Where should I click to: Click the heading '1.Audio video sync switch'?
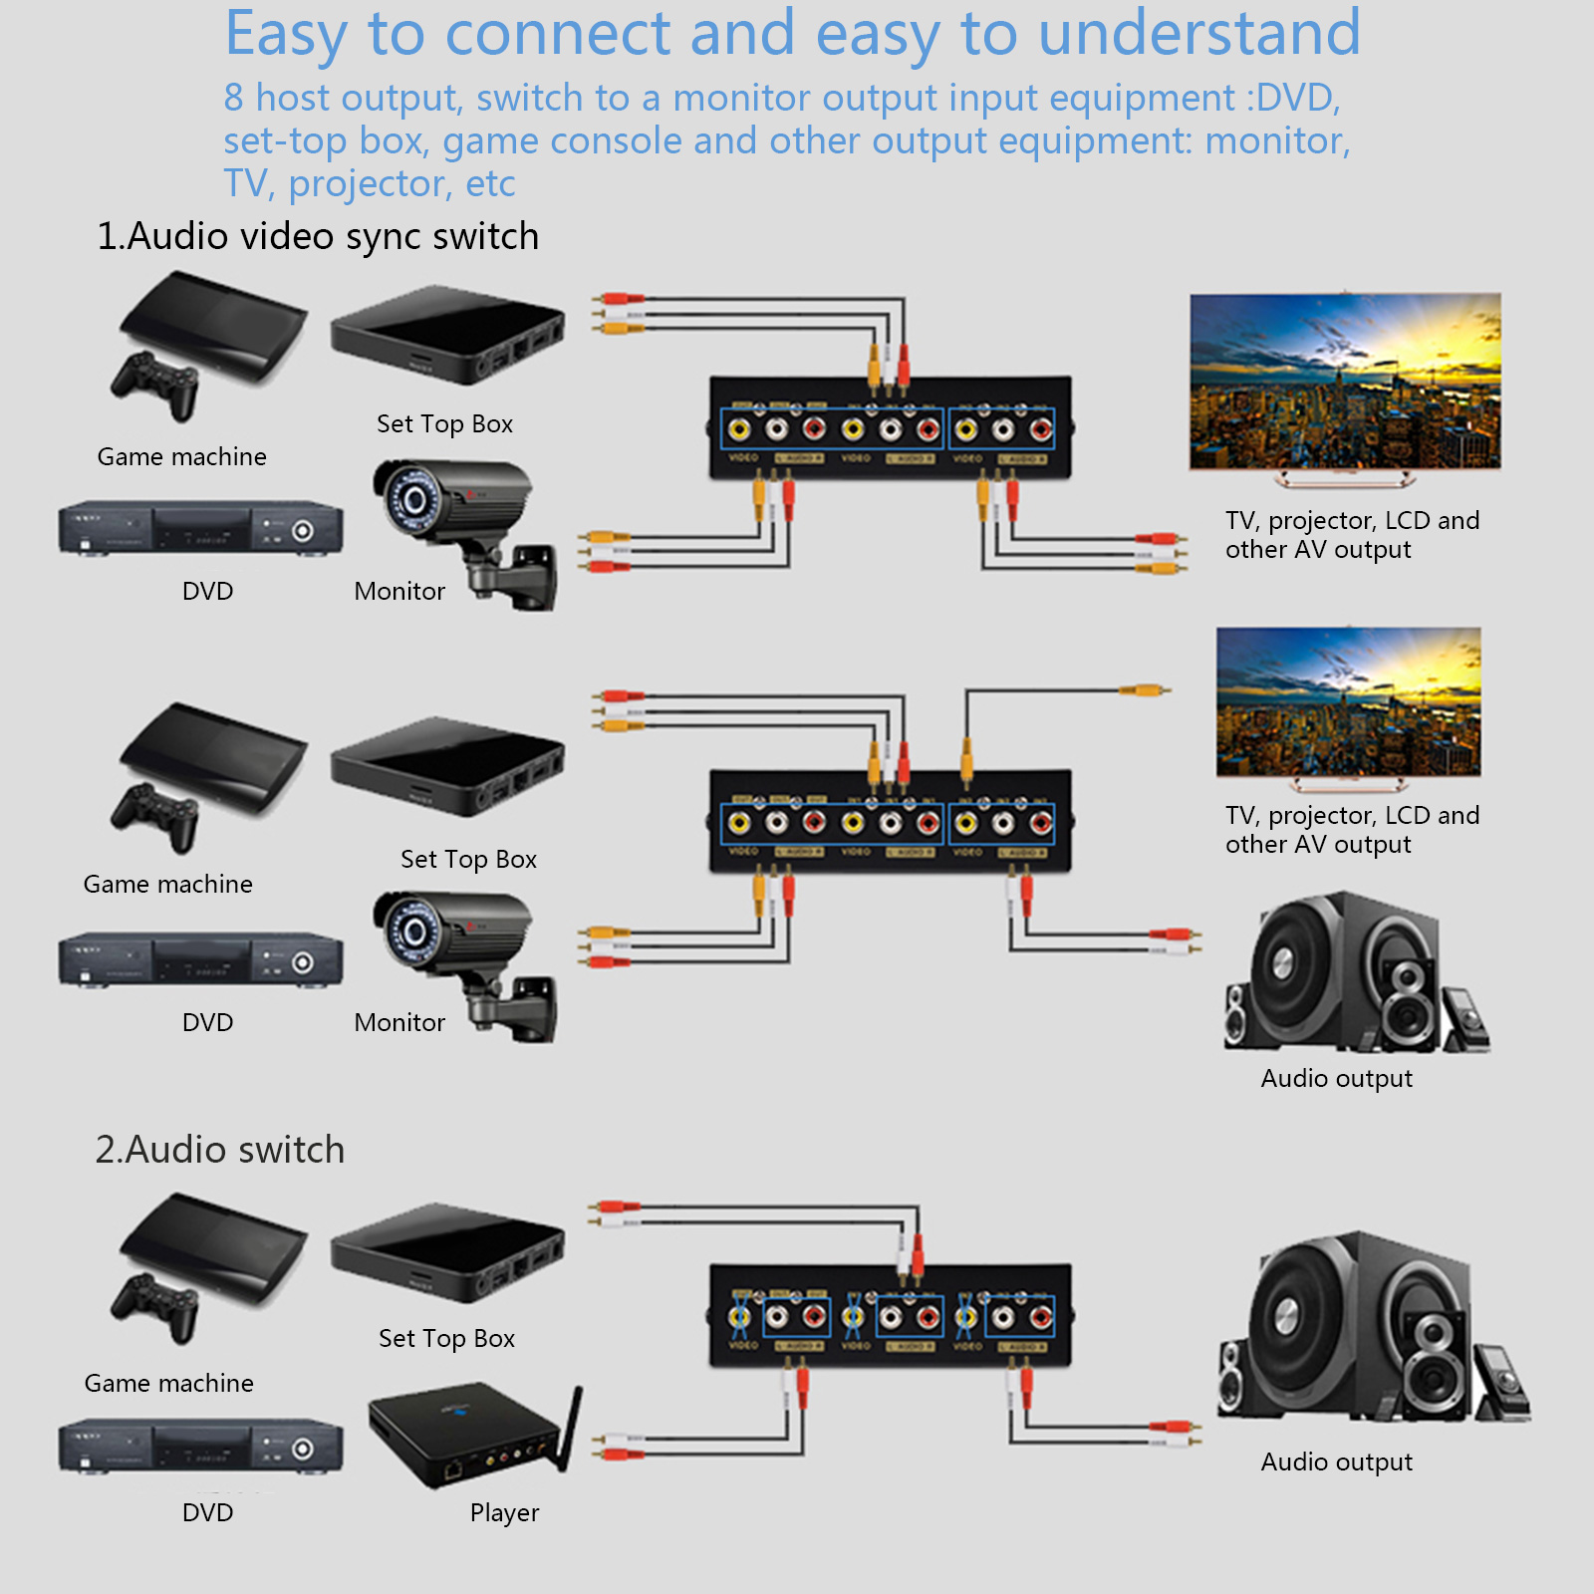click(318, 237)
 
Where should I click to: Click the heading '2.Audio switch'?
click(220, 1150)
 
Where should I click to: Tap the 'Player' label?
click(504, 1512)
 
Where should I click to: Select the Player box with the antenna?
click(468, 1435)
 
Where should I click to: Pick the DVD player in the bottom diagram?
click(200, 1447)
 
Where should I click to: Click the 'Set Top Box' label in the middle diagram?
click(468, 859)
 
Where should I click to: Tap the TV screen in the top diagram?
click(1345, 381)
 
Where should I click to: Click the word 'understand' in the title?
click(1199, 33)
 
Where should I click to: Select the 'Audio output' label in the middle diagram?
click(1336, 1078)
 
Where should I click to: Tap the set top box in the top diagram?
click(447, 335)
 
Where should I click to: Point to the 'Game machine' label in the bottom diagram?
click(168, 1383)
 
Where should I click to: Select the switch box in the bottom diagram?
click(890, 1315)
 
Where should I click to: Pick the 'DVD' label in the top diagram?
click(207, 591)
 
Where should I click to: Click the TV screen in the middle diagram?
click(1348, 701)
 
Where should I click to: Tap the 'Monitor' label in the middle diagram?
click(399, 1022)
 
